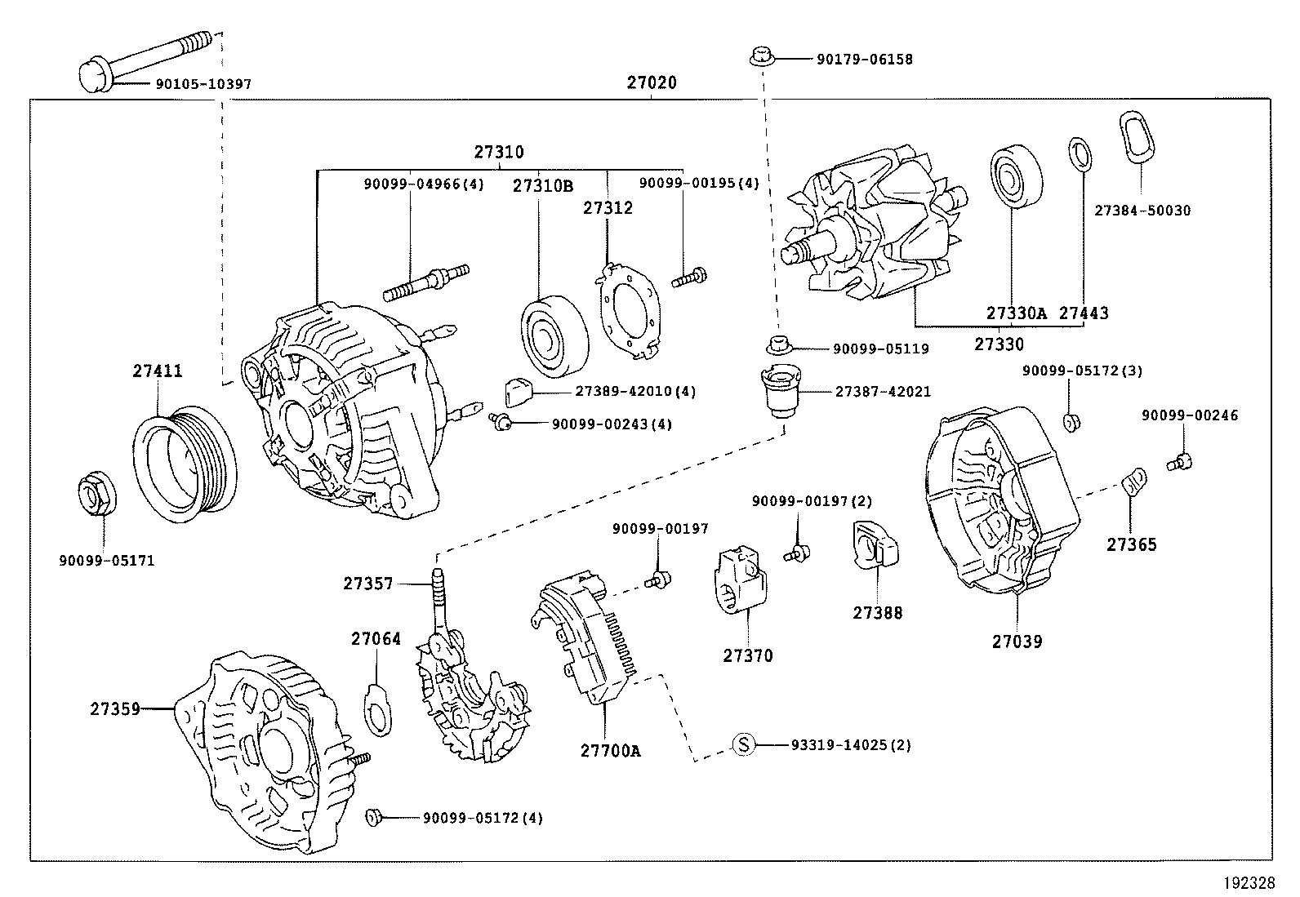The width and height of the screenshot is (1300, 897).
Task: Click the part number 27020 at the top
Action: pos(652,82)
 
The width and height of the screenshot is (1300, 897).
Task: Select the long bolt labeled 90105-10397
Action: pos(147,57)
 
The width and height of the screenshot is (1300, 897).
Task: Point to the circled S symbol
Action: pos(742,744)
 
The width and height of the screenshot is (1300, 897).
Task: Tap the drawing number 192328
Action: pos(1248,882)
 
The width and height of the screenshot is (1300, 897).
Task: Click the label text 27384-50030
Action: pos(1142,211)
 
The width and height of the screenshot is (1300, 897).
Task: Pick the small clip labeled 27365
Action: pos(1135,482)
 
